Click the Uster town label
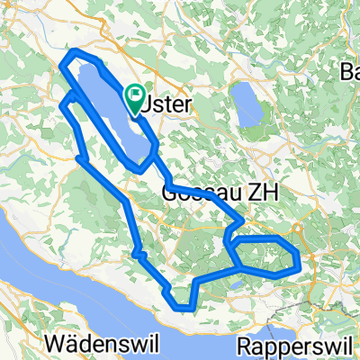[168, 105]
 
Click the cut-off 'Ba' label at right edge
[349, 72]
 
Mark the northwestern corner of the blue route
[63, 61]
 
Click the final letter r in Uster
[187, 105]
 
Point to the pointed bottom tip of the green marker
[136, 115]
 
